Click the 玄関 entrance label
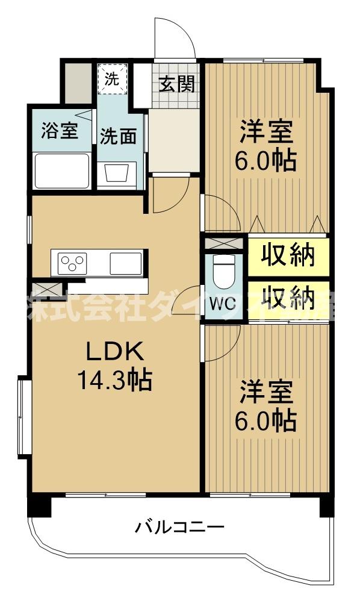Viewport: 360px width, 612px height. point(176,84)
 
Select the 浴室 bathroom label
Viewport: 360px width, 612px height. point(59,131)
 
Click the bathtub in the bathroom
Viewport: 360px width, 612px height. point(62,171)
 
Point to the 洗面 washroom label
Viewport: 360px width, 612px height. point(118,136)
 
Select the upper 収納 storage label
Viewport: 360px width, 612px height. point(288,256)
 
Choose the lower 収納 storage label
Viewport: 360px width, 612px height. point(288,298)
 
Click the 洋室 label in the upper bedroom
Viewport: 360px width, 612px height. point(267,132)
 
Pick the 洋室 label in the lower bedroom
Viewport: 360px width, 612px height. point(267,392)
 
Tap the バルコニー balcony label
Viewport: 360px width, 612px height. point(179,528)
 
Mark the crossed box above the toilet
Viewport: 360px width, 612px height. point(224,243)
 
